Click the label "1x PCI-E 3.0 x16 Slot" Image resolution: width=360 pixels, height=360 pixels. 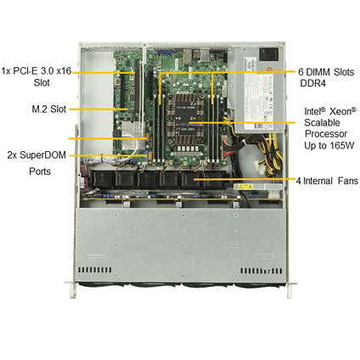coord(37,76)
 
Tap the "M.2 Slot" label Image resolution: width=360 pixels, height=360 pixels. coord(49,109)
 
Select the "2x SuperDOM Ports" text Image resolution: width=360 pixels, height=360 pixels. coord(37,163)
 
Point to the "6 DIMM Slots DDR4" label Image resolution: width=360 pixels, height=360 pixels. coord(326,77)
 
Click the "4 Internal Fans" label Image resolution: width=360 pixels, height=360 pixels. coord(327,181)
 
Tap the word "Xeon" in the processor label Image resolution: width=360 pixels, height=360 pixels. coord(343,111)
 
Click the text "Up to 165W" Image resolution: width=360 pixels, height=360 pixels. coord(329,145)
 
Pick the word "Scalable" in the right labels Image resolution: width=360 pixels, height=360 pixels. coord(322,122)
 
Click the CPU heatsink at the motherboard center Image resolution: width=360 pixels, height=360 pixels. coord(185,119)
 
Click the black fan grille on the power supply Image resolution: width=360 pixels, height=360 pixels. coord(269,55)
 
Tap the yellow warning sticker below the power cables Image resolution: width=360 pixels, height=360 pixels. coord(245,187)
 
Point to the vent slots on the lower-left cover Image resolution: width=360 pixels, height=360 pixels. coord(95,270)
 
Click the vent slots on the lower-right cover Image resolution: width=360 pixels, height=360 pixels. coord(262,271)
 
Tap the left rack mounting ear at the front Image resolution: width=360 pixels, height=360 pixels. coord(72,290)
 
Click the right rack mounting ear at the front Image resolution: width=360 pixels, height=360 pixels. coord(290,290)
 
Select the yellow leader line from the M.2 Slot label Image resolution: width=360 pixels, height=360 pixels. coord(98,109)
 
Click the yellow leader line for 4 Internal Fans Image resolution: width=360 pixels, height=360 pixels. coord(244,179)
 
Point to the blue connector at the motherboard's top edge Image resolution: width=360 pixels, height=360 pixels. coord(163,52)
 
